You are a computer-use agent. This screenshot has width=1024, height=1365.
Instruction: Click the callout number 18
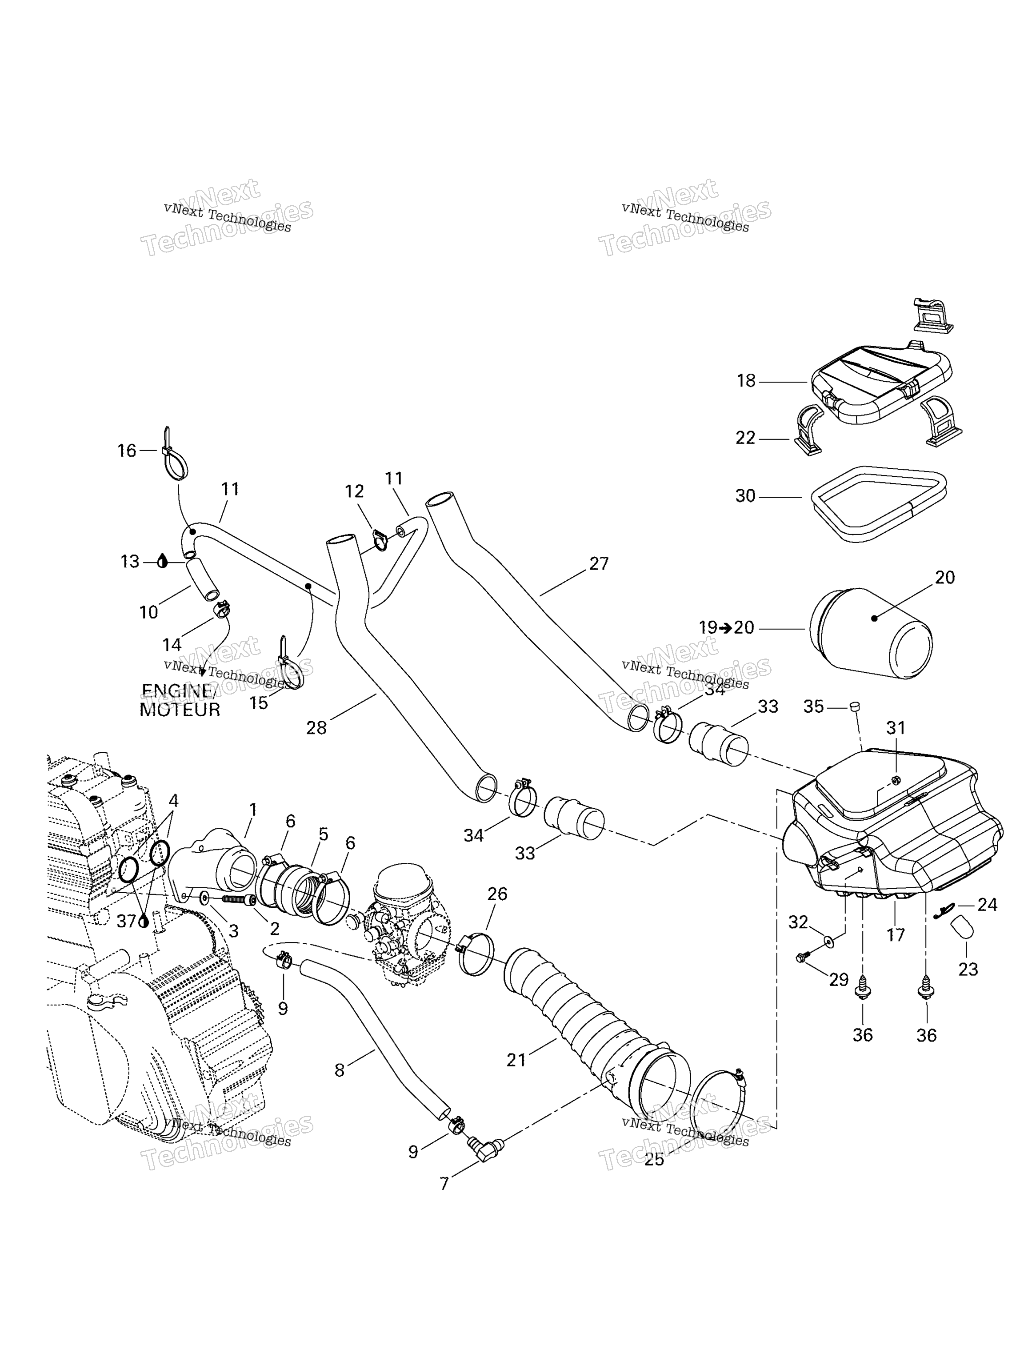point(746,381)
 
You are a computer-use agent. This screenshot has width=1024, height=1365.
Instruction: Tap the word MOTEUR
point(180,710)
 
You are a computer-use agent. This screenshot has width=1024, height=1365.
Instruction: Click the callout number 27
point(598,563)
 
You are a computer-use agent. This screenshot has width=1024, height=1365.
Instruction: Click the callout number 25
point(654,1160)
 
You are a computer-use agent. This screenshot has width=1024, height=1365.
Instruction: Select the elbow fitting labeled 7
point(485,1147)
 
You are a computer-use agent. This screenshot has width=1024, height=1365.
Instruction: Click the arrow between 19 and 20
point(725,628)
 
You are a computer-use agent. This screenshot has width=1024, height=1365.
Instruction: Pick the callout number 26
point(497,894)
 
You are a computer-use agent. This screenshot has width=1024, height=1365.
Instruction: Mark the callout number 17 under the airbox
point(895,935)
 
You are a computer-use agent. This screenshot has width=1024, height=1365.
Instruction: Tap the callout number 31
point(895,728)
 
